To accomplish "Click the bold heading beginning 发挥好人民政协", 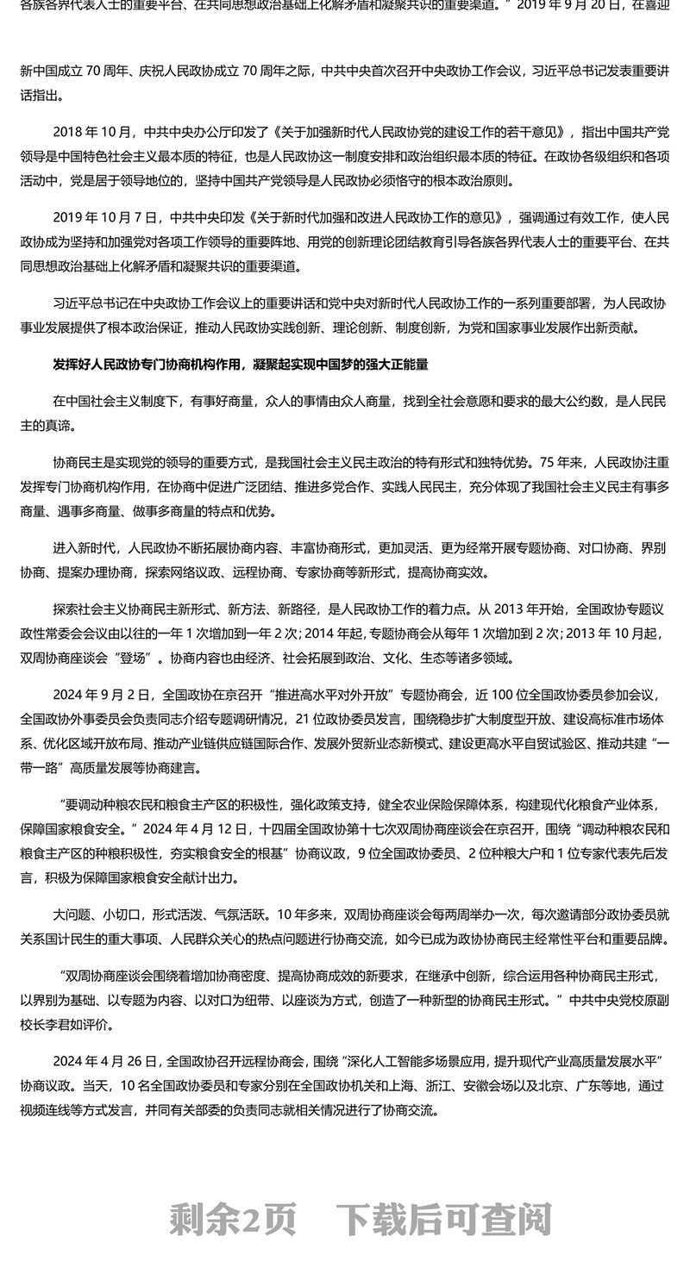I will (241, 365).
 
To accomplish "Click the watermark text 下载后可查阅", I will (443, 1219).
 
